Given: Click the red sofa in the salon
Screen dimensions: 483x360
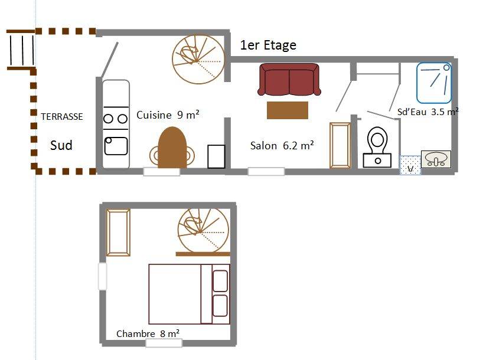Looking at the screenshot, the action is click(289, 80).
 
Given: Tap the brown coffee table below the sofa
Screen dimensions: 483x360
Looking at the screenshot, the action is click(288, 110).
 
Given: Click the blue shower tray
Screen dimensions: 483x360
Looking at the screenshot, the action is click(434, 83).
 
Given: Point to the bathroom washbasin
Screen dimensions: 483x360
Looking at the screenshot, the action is click(436, 159).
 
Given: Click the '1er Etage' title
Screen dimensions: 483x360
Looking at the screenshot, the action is click(268, 45).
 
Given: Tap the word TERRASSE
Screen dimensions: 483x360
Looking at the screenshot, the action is click(62, 117).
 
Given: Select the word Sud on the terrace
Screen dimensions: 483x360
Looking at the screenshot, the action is click(61, 145).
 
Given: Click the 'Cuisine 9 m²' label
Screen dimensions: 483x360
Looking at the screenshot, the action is click(168, 115).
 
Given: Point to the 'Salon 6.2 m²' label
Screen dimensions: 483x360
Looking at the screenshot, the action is click(282, 145).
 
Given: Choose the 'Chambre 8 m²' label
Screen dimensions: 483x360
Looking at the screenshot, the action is click(148, 333).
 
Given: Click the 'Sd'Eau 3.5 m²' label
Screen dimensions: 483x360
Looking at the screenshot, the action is click(428, 112).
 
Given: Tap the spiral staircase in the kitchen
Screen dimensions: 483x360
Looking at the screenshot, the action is click(198, 59).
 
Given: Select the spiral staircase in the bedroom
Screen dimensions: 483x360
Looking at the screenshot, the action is click(204, 230).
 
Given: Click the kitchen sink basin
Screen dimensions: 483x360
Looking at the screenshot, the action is click(116, 146).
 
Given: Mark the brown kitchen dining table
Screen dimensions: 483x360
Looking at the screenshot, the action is click(172, 148).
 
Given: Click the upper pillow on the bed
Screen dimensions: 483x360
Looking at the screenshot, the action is click(220, 280).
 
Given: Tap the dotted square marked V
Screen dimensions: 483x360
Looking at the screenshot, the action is click(410, 165).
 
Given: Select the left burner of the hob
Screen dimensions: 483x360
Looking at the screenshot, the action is click(108, 119).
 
